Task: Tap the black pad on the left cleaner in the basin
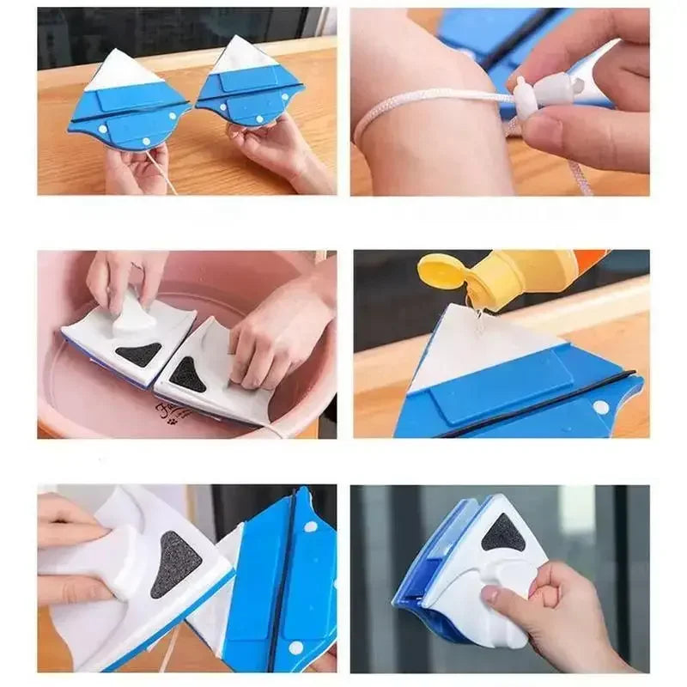138,353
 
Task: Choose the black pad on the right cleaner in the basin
188,374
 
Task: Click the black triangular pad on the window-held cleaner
503,535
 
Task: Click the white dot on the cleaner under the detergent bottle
601,407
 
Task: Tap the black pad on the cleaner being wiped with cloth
176,564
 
